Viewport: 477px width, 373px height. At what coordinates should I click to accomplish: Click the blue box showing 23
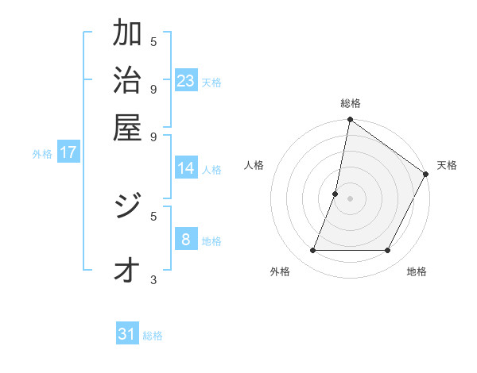[186, 80]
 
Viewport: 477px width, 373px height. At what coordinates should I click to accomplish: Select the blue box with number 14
[186, 168]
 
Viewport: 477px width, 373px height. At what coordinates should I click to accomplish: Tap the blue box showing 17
[68, 152]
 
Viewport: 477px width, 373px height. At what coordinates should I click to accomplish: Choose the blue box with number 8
[186, 239]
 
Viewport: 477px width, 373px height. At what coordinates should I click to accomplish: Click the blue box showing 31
[127, 334]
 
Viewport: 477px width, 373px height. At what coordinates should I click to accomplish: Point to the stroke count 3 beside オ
[153, 279]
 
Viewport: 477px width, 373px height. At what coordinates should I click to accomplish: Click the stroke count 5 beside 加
[153, 41]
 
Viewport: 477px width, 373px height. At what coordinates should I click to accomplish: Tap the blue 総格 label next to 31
[153, 336]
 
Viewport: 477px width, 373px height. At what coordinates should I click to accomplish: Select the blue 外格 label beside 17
[41, 154]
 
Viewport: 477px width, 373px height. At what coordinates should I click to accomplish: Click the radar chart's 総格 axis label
[350, 103]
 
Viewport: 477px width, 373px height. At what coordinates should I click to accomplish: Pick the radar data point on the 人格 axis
[335, 194]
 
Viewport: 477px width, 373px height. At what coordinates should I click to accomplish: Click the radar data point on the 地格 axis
[388, 251]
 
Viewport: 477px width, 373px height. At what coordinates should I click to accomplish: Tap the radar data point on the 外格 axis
[312, 251]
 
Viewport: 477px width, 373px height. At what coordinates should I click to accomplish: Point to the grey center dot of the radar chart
[350, 198]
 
